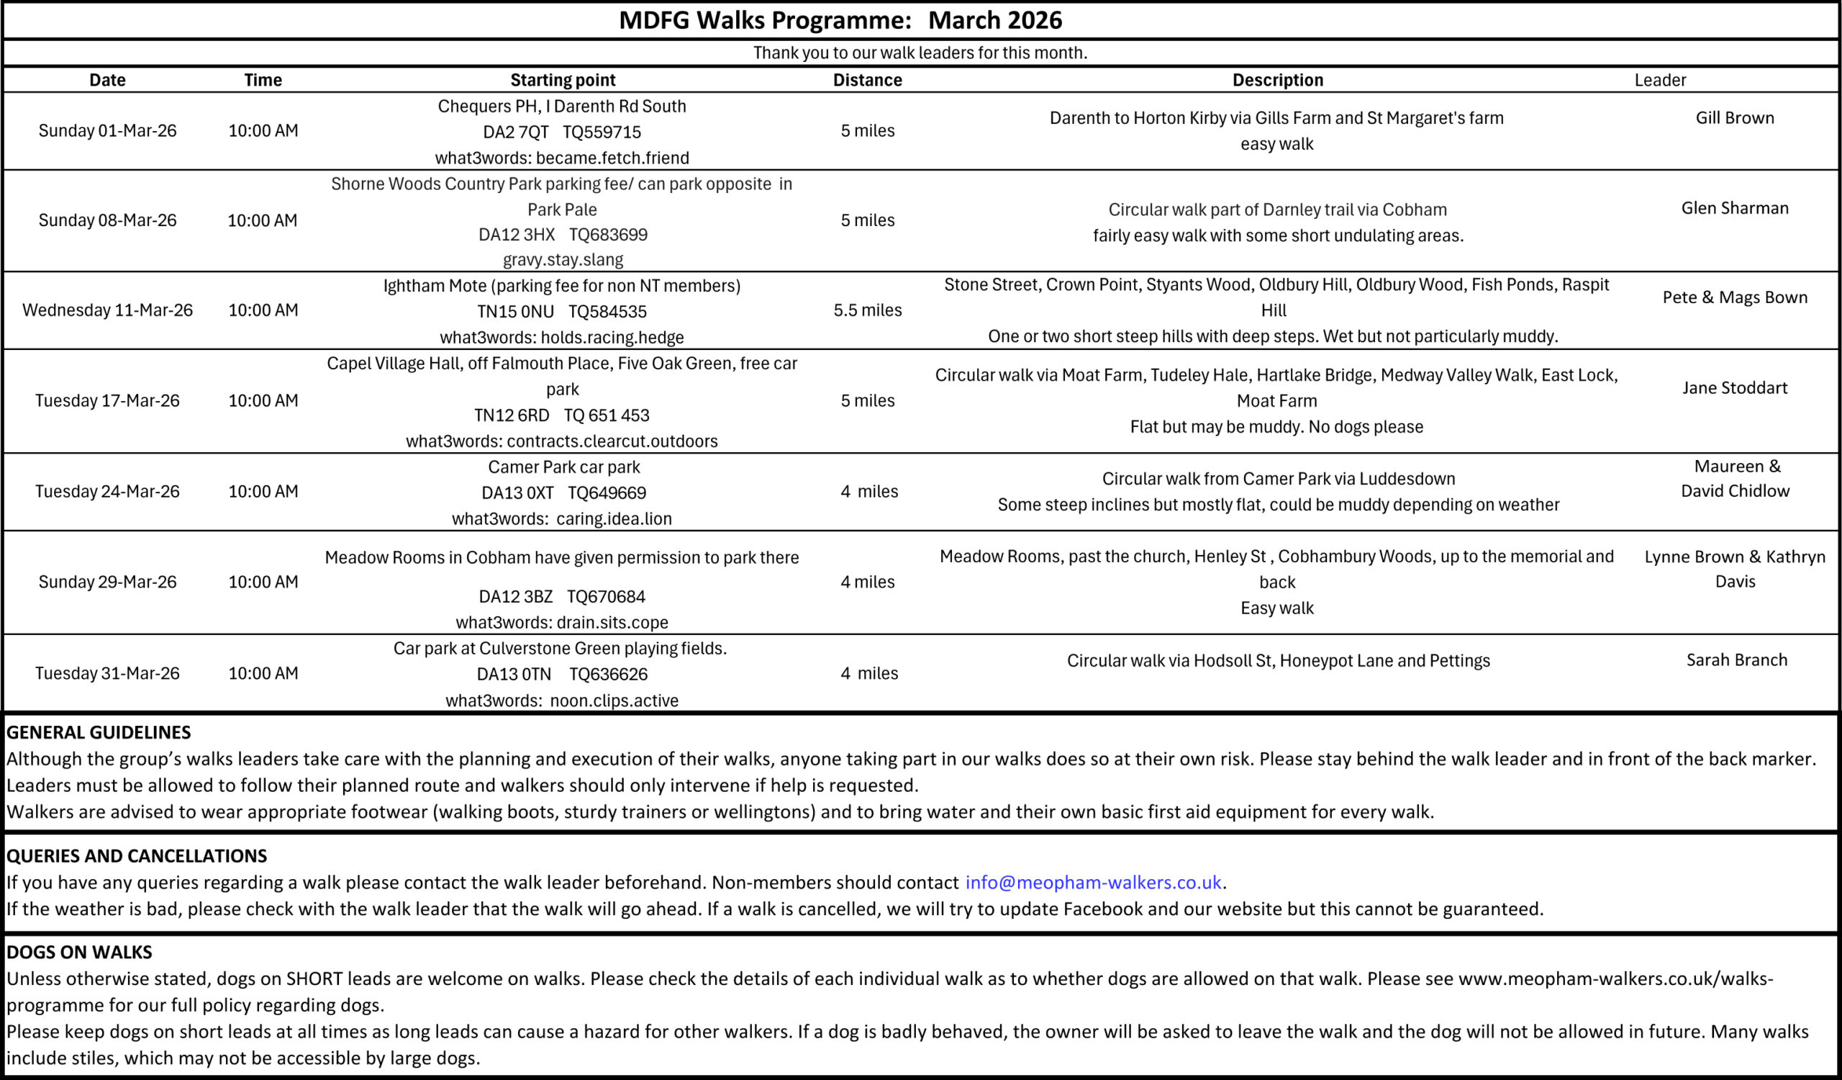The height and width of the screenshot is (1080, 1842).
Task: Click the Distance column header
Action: [x=867, y=80]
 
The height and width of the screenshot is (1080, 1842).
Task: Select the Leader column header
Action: [x=1660, y=80]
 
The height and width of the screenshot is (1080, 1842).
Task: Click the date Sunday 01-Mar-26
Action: [x=107, y=131]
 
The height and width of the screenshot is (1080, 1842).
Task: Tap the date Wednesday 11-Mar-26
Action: [x=107, y=310]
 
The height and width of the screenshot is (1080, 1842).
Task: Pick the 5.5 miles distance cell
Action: [x=867, y=310]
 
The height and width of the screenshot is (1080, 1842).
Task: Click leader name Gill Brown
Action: [x=1735, y=118]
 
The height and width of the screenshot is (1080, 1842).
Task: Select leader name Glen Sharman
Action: [x=1735, y=207]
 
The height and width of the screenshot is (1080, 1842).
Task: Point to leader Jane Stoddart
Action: [x=1735, y=387]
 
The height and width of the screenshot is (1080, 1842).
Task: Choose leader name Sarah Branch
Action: [x=1736, y=660]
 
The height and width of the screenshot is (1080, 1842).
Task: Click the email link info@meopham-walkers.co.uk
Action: [x=1093, y=883]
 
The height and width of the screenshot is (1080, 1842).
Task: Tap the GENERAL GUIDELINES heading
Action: [x=99, y=732]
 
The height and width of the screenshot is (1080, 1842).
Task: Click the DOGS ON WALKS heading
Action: [x=79, y=952]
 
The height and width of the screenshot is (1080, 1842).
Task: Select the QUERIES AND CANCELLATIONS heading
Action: [x=137, y=855]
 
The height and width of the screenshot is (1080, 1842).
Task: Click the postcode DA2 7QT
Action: [x=515, y=132]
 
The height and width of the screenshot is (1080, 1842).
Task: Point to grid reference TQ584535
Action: [x=607, y=312]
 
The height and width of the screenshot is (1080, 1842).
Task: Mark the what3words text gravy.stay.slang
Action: [x=563, y=260]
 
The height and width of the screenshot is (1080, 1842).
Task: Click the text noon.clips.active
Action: [x=614, y=701]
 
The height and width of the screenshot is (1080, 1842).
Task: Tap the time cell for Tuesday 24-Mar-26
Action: [x=263, y=491]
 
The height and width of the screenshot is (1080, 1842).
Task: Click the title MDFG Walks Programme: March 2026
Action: [x=840, y=19]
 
